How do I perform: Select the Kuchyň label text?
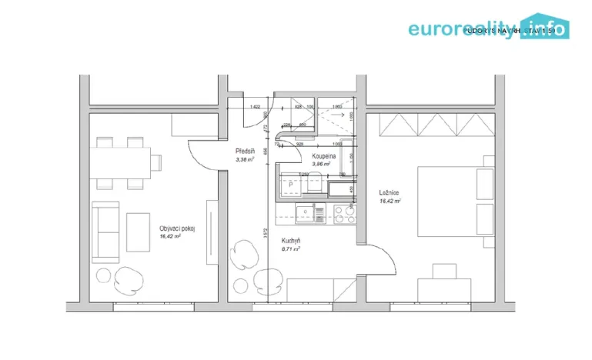click(x=291, y=240)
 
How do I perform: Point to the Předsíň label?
click(x=246, y=152)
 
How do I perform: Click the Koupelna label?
click(x=323, y=155)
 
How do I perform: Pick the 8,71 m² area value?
click(x=291, y=248)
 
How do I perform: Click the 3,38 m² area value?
click(x=246, y=160)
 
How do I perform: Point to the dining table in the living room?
click(x=120, y=162)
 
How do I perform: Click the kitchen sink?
click(x=305, y=212)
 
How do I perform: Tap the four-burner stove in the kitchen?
click(x=339, y=212)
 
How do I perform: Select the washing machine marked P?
click(x=290, y=185)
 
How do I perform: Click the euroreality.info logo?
click(x=489, y=28)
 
